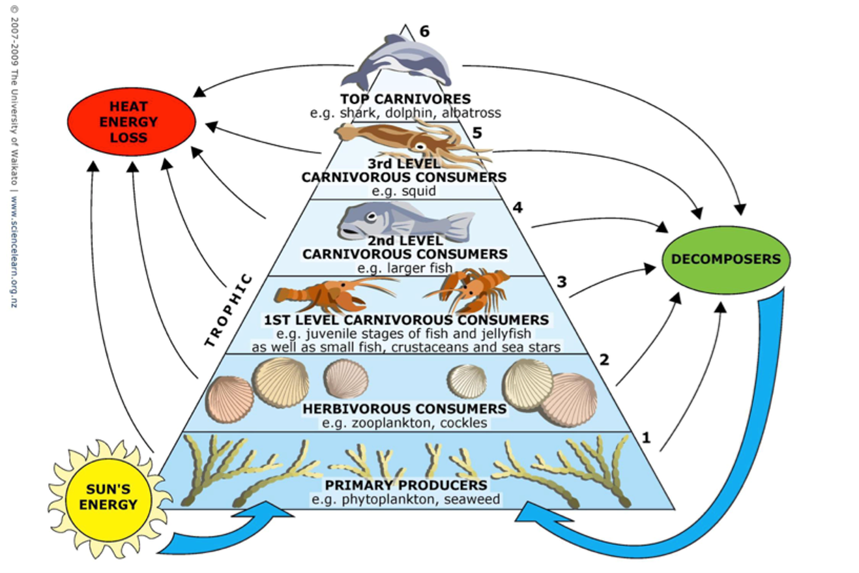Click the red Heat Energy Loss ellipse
tap(131, 121)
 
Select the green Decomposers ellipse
tap(725, 259)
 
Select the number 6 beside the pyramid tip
tap(424, 31)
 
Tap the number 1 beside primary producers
tap(646, 437)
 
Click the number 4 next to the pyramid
tap(518, 208)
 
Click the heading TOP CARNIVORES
tap(405, 99)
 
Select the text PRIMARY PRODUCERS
tap(405, 485)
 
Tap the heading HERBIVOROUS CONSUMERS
tap(404, 409)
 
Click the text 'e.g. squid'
tap(404, 191)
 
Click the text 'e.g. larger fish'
tap(404, 267)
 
